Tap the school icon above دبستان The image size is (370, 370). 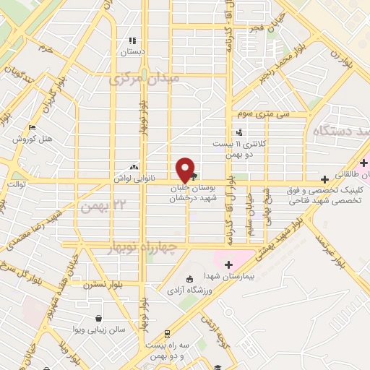(132, 41)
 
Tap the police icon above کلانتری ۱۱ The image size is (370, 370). (239, 132)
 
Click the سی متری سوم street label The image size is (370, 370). (267, 114)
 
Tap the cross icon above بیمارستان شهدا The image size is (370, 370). (230, 264)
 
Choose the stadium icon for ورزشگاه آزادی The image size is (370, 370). (190, 280)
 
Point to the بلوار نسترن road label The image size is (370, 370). (99, 285)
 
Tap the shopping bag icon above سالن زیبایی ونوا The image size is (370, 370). (98, 318)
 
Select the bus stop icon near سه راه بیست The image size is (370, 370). (167, 333)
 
